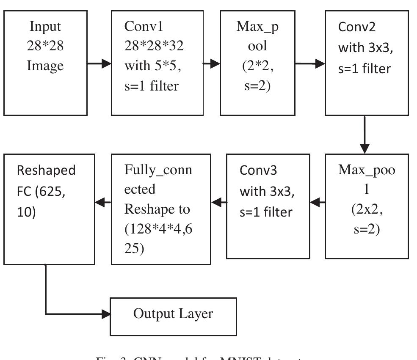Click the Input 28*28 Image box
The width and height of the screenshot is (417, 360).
point(46,63)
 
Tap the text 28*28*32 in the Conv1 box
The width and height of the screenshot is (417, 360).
point(154,46)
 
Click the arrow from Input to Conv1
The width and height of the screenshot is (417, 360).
point(99,64)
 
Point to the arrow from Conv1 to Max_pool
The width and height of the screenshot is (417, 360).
point(212,64)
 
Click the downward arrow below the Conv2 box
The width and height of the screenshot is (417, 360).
point(365,135)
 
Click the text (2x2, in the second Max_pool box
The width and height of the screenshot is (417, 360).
point(367,209)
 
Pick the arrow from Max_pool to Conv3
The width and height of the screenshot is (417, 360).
point(318,203)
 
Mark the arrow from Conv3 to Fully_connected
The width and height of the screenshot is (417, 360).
point(219,203)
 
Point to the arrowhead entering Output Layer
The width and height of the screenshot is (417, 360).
point(106,314)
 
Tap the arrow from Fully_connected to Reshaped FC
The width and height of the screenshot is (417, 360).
point(103,203)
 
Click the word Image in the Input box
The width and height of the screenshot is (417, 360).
point(46,66)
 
